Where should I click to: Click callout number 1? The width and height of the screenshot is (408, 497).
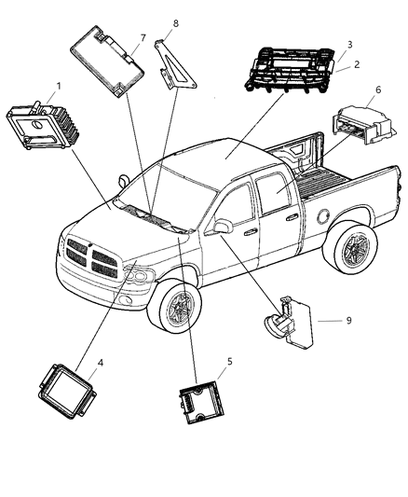(58, 87)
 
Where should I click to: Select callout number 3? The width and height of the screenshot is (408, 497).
(348, 44)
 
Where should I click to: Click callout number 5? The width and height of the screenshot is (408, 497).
(230, 360)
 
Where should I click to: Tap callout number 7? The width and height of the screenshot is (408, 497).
(143, 37)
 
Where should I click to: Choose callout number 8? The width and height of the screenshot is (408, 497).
(175, 22)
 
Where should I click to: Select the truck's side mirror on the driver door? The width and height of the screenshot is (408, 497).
(223, 227)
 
